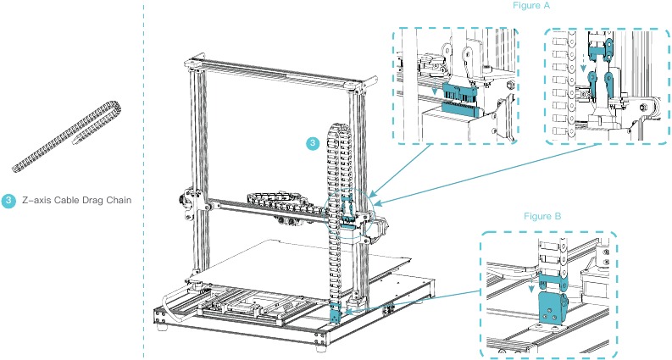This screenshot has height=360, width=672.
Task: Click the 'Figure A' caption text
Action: [532, 6]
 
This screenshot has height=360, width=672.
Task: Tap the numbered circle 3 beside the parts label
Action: [8, 201]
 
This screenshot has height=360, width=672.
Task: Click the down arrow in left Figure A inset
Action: [435, 89]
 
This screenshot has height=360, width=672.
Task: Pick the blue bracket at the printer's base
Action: [335, 314]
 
